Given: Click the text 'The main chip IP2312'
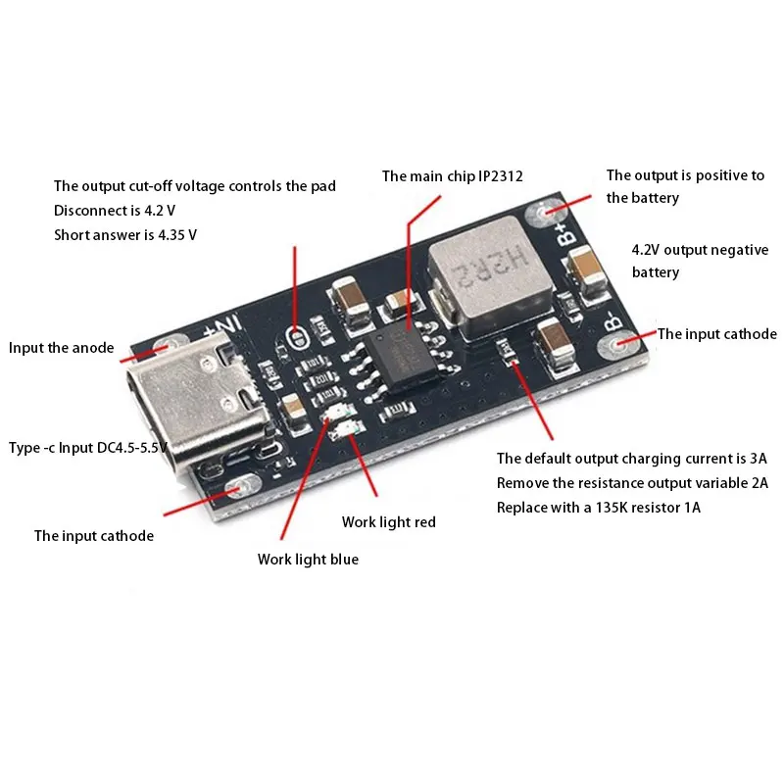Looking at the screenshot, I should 452,176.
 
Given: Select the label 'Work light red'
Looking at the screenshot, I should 388,521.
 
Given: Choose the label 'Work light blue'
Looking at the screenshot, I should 308,559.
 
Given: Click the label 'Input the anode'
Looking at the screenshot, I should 61,348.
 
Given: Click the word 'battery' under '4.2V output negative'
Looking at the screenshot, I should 656,271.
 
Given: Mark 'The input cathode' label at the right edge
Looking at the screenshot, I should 716,334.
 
